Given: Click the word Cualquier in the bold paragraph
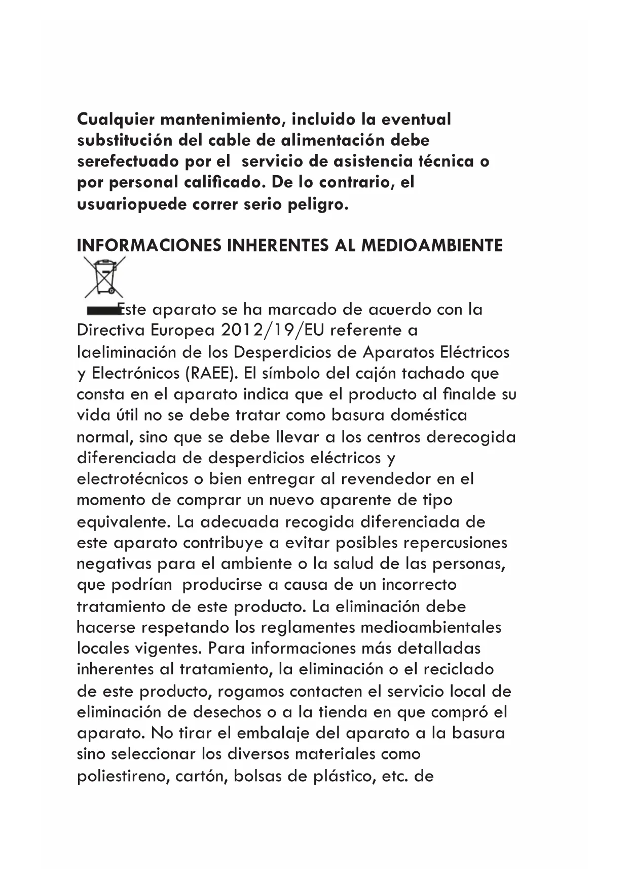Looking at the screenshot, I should tap(116, 120).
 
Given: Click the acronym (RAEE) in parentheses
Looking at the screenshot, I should tap(212, 373).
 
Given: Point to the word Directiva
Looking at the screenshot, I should tap(111, 331).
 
